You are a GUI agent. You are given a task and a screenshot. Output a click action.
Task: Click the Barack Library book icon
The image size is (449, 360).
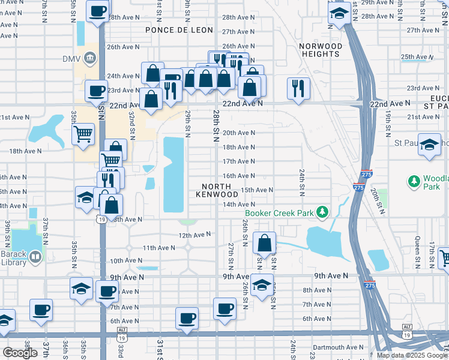pyautogui.click(x=35, y=257)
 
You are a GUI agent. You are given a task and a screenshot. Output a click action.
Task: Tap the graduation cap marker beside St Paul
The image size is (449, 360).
pyautogui.click(x=429, y=145)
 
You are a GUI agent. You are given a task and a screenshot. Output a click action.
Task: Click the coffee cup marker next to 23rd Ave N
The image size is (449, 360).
pyautogui.click(x=96, y=91)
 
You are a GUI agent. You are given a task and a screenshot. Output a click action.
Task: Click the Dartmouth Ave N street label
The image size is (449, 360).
pyautogui.click(x=338, y=347)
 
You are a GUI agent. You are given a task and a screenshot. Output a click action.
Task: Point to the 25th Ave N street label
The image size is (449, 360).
pyautogui.click(x=416, y=57)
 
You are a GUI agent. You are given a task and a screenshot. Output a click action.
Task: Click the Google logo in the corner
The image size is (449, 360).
pyautogui.click(x=20, y=353)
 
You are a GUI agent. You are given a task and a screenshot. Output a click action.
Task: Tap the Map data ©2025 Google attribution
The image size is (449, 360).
pyautogui.click(x=412, y=355)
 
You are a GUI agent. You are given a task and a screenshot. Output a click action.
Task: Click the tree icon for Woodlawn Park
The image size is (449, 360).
pyautogui.click(x=413, y=180)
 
